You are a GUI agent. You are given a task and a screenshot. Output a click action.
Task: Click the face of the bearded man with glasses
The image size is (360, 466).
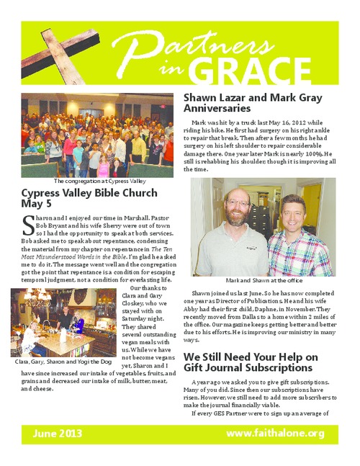(238, 205)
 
